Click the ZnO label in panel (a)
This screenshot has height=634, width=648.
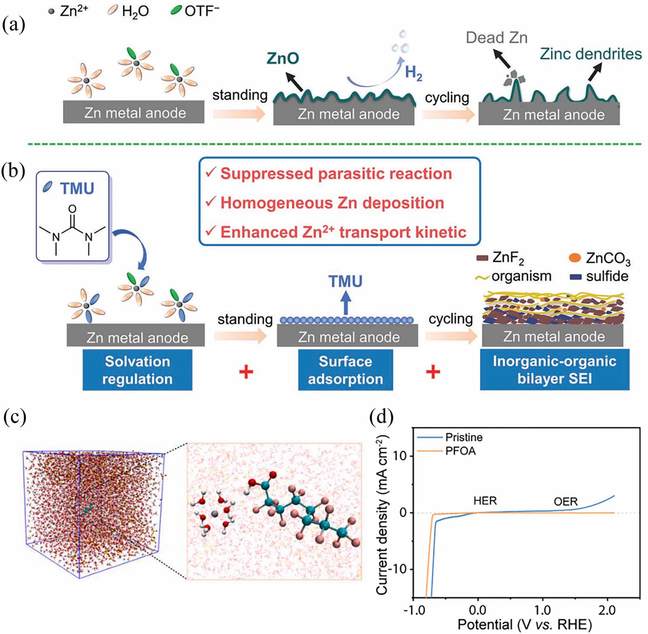(283, 58)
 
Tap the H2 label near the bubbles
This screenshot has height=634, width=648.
(414, 73)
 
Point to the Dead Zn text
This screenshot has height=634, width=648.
(497, 38)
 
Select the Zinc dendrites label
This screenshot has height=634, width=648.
(590, 54)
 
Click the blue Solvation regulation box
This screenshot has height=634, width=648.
(137, 370)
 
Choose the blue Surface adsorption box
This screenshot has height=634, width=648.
(345, 370)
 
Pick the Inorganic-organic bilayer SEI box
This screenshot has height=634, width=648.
(554, 370)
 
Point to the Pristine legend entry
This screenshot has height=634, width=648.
(464, 437)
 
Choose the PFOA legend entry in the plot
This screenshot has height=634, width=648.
(460, 451)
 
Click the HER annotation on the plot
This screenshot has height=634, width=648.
(485, 501)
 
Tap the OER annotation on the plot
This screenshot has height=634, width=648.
(565, 502)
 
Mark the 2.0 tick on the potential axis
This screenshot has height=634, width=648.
(607, 610)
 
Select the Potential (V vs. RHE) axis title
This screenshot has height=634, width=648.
(524, 624)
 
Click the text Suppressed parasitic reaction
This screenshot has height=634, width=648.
(336, 174)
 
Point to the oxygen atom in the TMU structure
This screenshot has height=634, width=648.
(72, 209)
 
